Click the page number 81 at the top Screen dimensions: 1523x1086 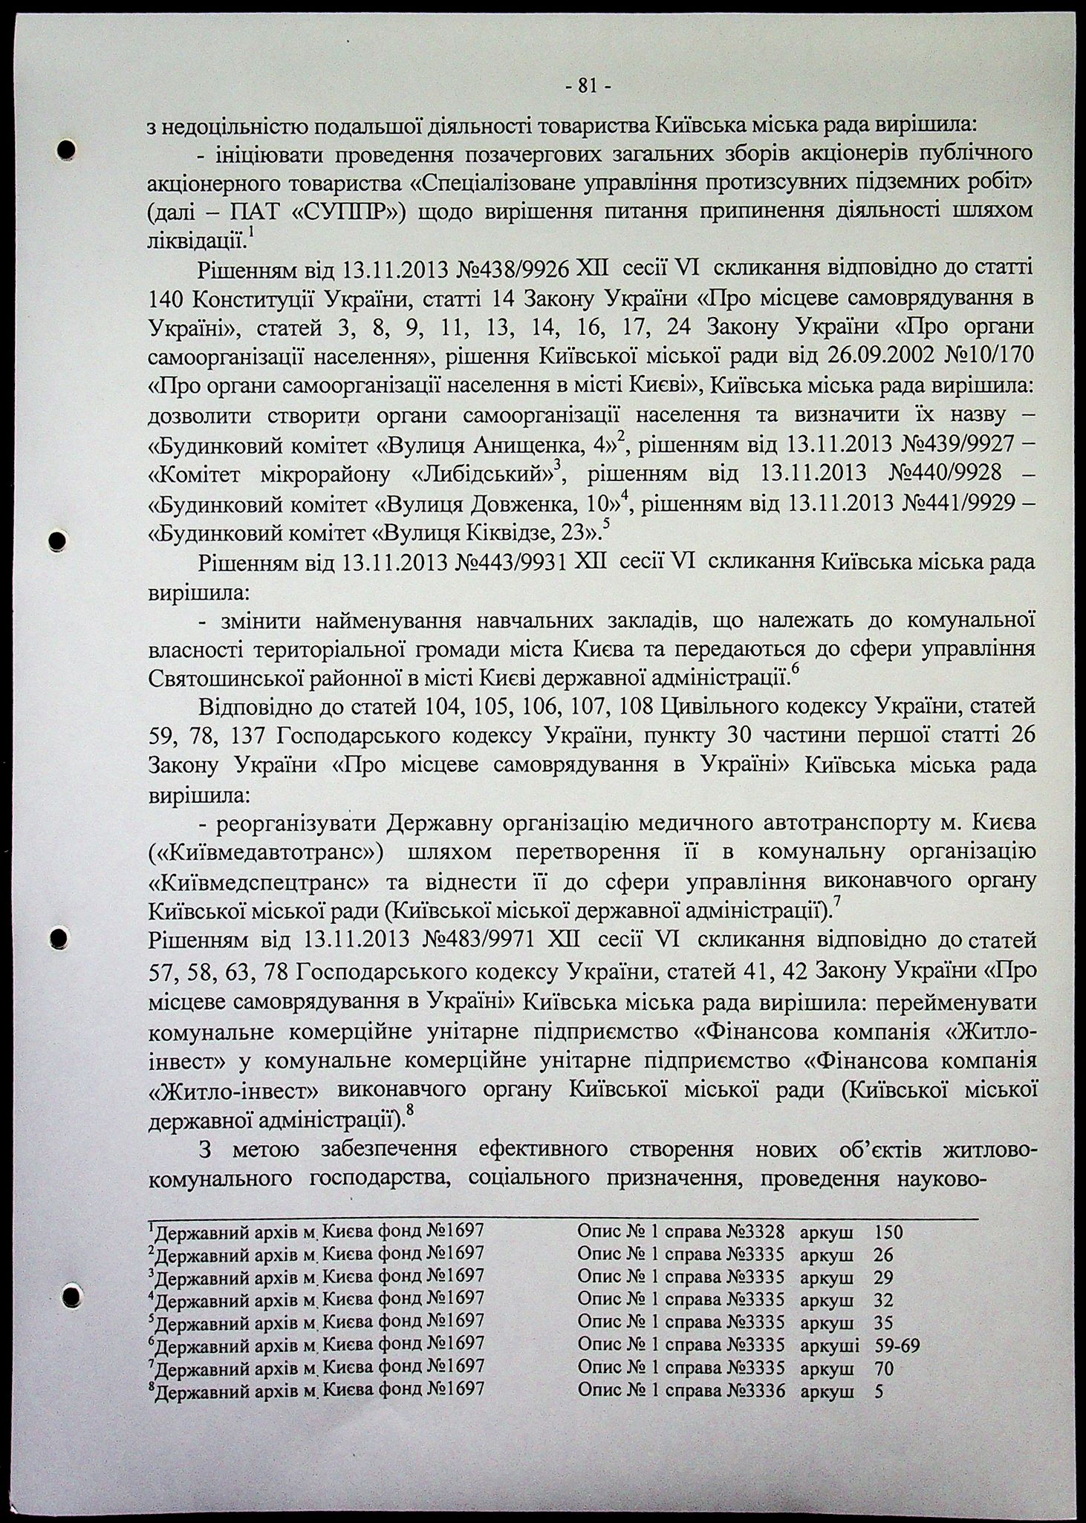[x=588, y=87]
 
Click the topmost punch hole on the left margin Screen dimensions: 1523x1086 [x=68, y=149]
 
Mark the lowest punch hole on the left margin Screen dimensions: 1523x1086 [x=72, y=1316]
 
